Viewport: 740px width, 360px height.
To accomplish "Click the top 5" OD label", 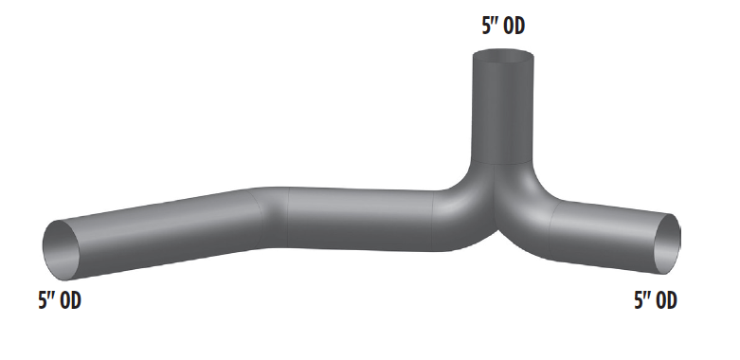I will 503,27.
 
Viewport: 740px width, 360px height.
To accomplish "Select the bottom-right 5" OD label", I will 655,301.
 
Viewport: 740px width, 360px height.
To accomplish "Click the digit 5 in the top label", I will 486,27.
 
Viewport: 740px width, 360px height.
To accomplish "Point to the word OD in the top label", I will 514,27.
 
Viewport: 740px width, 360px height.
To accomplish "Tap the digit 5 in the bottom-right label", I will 638,301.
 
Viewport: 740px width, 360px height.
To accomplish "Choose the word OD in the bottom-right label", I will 665,301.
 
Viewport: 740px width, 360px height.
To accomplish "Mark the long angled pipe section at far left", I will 161,227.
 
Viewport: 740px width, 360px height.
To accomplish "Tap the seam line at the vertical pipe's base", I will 502,164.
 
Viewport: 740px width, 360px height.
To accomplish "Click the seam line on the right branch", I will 550,227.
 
